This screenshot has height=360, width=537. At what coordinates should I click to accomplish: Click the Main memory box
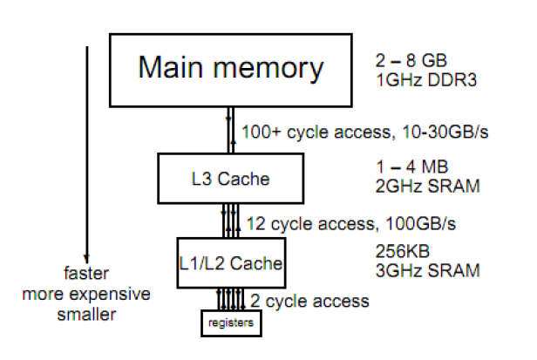point(231,69)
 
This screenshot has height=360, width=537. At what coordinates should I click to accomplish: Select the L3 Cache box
point(231,180)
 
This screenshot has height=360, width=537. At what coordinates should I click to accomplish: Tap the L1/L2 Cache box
point(230,260)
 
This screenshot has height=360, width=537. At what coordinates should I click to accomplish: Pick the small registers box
point(230,322)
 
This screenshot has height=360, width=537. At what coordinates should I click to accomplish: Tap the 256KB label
point(400,251)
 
